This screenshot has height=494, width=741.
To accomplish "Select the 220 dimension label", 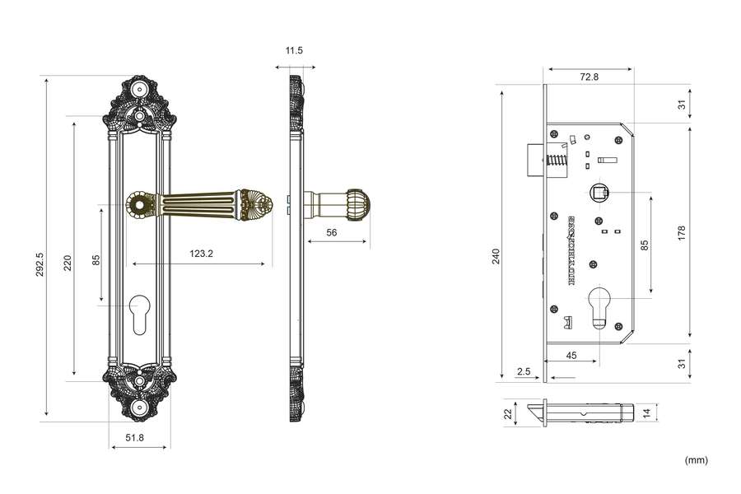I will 68,263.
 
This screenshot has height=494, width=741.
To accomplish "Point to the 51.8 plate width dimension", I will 135,437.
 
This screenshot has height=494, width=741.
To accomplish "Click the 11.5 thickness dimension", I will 294,51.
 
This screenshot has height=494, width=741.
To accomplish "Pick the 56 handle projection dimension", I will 332,233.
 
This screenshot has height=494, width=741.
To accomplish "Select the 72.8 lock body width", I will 589,77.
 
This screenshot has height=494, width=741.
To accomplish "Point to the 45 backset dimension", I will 571,356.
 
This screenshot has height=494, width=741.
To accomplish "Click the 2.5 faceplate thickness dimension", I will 524,371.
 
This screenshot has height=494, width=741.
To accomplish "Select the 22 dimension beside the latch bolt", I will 508,412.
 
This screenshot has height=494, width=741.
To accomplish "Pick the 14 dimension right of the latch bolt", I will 646,412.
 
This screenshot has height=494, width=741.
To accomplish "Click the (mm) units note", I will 696,460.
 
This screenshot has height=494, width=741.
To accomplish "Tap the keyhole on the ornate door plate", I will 138,315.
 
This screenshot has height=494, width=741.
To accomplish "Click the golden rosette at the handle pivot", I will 140,204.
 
